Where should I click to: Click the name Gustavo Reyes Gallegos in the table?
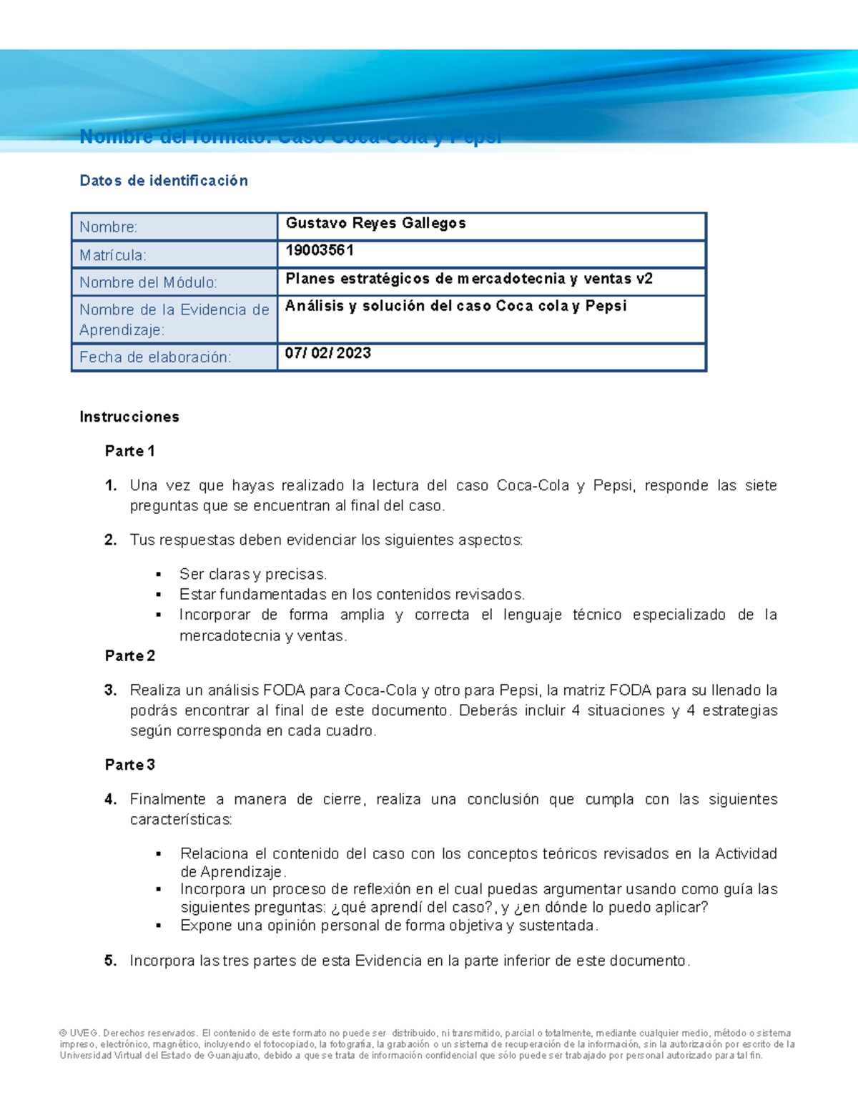click(375, 224)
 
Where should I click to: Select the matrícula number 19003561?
click(320, 250)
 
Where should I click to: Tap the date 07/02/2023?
click(327, 353)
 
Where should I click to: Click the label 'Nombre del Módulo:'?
click(148, 282)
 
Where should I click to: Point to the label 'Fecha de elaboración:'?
click(155, 357)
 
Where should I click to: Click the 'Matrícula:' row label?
click(113, 255)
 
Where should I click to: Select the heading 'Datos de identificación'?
click(164, 181)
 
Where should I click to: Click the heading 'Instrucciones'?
click(129, 417)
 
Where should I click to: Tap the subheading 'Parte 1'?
click(129, 451)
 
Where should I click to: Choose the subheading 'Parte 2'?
click(129, 655)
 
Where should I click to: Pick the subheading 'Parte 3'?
click(129, 765)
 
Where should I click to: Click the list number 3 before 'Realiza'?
click(110, 690)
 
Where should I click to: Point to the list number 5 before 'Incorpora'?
click(110, 961)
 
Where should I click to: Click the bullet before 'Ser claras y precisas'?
click(159, 575)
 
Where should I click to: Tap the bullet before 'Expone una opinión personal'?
click(159, 926)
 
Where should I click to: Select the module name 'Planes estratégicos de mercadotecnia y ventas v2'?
click(469, 279)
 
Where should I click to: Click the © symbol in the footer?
click(63, 1034)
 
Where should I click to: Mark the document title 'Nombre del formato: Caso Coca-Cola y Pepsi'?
click(290, 137)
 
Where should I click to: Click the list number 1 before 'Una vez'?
click(110, 486)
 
